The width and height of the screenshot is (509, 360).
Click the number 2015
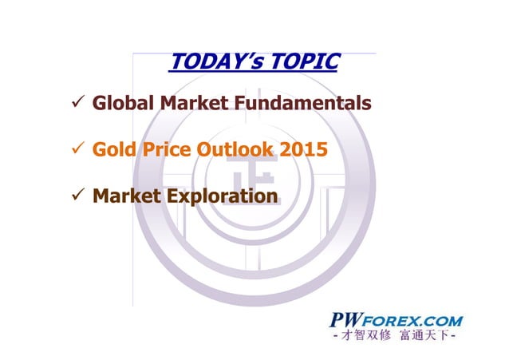[x=304, y=149]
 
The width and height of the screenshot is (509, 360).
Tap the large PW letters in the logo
[x=347, y=320]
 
